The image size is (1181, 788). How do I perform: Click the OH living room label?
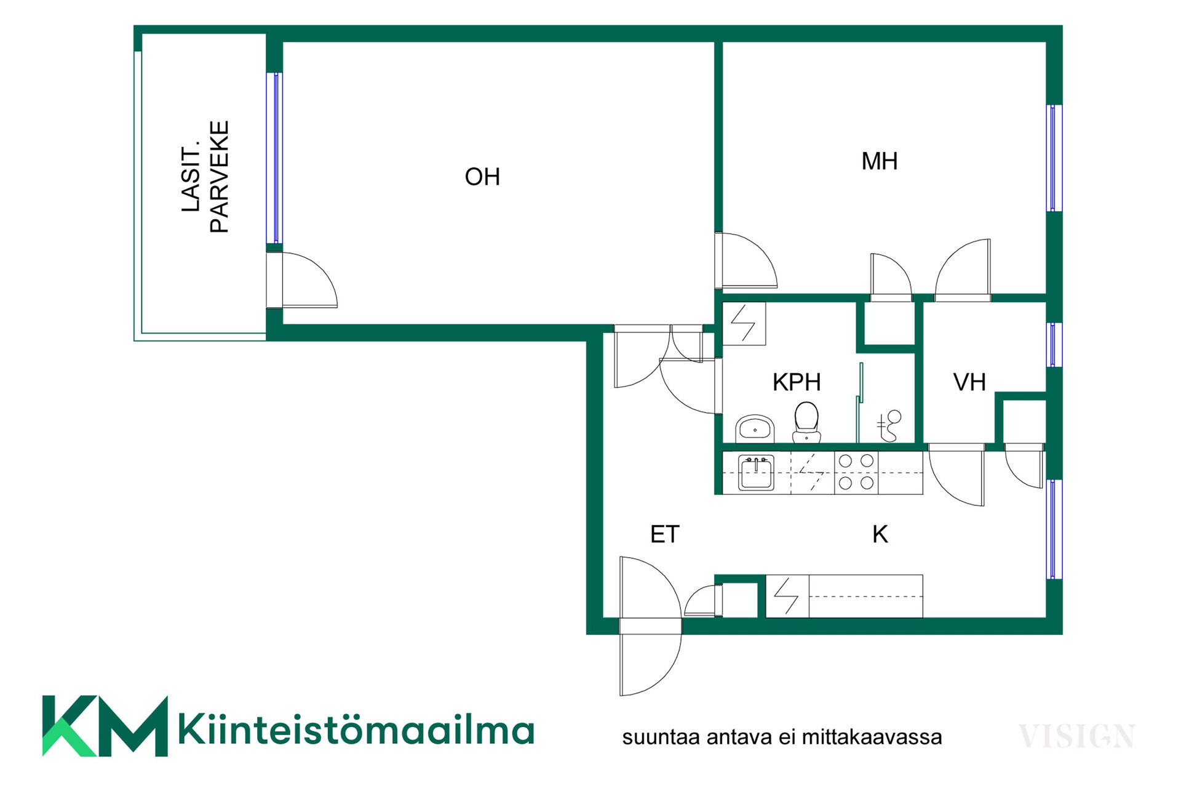[x=482, y=177]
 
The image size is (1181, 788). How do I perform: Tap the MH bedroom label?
[x=880, y=161]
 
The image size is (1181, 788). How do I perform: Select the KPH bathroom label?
[x=797, y=382]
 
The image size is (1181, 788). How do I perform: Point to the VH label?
[x=969, y=382]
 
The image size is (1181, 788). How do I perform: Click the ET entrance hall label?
[x=665, y=534]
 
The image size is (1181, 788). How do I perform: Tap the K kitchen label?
[x=880, y=534]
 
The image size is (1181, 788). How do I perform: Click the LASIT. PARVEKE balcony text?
[x=205, y=177]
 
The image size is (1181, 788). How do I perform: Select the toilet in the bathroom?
[x=806, y=422]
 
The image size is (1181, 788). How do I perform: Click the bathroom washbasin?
[x=755, y=428]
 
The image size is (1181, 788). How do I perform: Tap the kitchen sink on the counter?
[x=756, y=473]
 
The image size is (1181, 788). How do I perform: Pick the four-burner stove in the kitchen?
[x=856, y=472]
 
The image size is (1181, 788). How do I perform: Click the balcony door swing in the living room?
[x=302, y=280]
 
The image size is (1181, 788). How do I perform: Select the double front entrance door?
[x=651, y=626]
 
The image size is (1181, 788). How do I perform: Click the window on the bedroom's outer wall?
[x=1054, y=158]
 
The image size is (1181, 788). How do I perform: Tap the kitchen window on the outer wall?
[x=1054, y=529]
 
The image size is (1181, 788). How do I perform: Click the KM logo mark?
[x=105, y=726]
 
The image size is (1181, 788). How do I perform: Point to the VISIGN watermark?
[x=1076, y=736]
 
